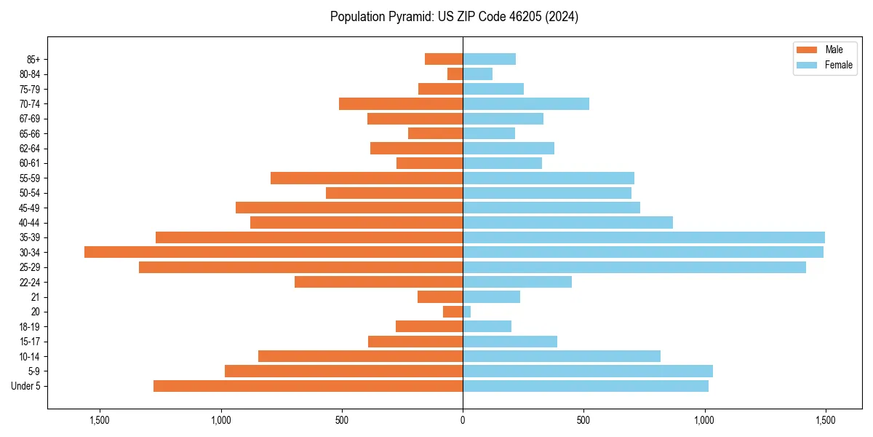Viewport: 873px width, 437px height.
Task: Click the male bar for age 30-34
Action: click(274, 252)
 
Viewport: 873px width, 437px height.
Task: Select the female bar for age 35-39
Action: click(644, 237)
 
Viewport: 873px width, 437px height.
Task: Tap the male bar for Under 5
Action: click(308, 386)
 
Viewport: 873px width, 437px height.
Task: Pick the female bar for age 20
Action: click(467, 312)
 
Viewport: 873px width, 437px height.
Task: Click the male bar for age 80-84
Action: click(455, 74)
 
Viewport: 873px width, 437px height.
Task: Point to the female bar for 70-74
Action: click(526, 103)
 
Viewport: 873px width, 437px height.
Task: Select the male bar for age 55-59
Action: click(367, 178)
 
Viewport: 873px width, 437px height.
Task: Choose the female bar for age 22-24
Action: click(517, 282)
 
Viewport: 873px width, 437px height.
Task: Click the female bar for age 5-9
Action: click(588, 371)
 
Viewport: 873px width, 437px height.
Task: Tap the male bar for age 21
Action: click(440, 296)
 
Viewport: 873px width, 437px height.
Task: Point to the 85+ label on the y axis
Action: click(32, 59)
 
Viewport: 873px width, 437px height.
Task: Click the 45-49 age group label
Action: click(30, 208)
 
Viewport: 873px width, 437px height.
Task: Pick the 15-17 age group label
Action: click(30, 342)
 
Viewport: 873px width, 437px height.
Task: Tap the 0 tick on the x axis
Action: click(463, 420)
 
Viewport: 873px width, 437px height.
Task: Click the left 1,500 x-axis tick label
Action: click(99, 420)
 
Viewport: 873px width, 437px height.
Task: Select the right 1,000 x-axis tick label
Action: click(704, 420)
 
